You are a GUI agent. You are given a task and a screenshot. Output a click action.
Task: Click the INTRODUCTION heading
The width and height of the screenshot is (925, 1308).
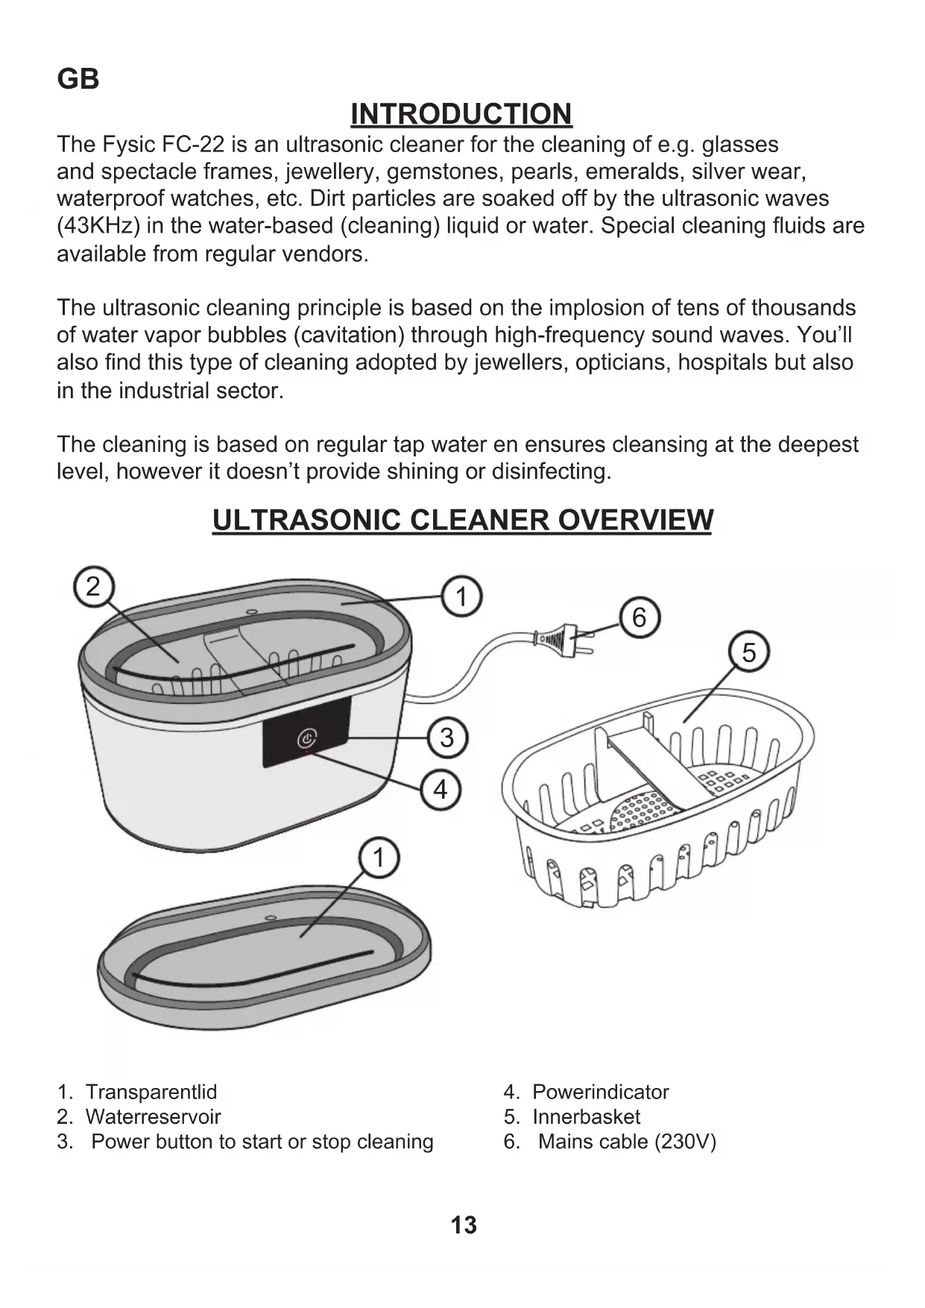click(x=461, y=114)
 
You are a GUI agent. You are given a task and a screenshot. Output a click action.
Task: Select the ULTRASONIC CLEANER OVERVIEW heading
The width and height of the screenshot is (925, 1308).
click(x=462, y=520)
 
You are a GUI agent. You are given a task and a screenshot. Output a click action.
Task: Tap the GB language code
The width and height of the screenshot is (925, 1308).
click(x=78, y=79)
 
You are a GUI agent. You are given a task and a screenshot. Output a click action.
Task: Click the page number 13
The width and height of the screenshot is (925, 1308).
click(x=463, y=1225)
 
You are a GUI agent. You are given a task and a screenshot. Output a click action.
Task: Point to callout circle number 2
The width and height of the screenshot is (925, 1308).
click(x=92, y=586)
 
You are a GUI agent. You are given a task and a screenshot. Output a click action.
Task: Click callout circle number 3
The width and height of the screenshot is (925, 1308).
click(x=446, y=738)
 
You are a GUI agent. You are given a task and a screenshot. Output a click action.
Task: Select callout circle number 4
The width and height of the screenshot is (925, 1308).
click(x=441, y=789)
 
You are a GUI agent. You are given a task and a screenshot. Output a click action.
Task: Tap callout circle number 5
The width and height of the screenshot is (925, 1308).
click(x=748, y=653)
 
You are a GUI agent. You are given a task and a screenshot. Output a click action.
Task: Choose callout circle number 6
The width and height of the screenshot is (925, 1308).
click(x=639, y=617)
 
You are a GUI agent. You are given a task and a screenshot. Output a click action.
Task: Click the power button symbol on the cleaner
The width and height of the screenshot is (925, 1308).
click(x=306, y=739)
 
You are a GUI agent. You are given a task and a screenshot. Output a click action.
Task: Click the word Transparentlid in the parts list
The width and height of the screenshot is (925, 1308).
click(x=151, y=1092)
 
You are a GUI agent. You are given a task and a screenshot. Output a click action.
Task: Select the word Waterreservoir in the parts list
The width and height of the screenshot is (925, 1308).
click(x=153, y=1116)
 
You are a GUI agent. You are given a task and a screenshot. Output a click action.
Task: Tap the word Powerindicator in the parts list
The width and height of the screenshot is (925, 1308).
click(x=600, y=1092)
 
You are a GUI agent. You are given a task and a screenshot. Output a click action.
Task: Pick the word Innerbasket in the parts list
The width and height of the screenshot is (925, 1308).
click(x=586, y=1116)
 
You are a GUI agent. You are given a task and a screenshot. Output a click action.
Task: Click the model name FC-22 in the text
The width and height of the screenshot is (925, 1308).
click(x=195, y=144)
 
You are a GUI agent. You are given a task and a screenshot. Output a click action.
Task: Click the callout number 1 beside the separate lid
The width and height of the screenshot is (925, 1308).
click(x=379, y=858)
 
